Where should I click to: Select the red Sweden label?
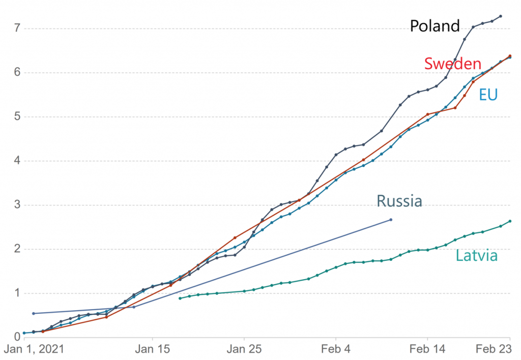coord(452,64)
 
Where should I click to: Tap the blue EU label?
coord(488,95)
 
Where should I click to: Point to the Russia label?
coord(399,201)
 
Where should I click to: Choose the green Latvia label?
coord(476,255)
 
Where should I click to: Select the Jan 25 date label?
coord(244,350)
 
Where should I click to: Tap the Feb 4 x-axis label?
coord(336,350)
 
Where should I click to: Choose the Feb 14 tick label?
coord(428,350)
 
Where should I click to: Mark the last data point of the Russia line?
coord(391,220)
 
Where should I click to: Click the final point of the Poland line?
coord(501,16)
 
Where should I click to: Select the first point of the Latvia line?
coord(180,298)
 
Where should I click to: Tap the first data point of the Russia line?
coord(34,313)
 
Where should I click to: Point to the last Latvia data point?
coord(510,221)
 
